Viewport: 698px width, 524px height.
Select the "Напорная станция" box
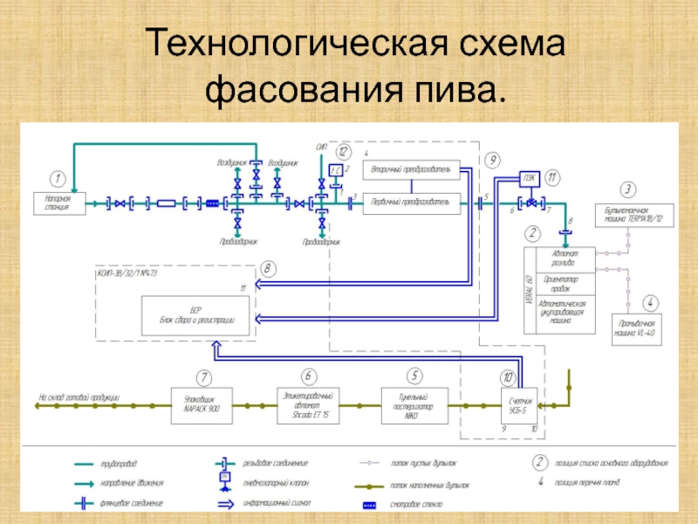[x=57, y=204]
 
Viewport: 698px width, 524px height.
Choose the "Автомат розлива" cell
[x=559, y=257]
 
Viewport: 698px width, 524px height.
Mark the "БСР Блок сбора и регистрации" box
[x=196, y=316]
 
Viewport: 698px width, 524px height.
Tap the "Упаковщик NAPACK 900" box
[x=203, y=404]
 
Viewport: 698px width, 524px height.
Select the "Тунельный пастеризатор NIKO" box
[x=414, y=404]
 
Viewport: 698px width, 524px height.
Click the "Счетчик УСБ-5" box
[x=517, y=404]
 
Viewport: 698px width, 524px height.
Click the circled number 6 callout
[x=310, y=376]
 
